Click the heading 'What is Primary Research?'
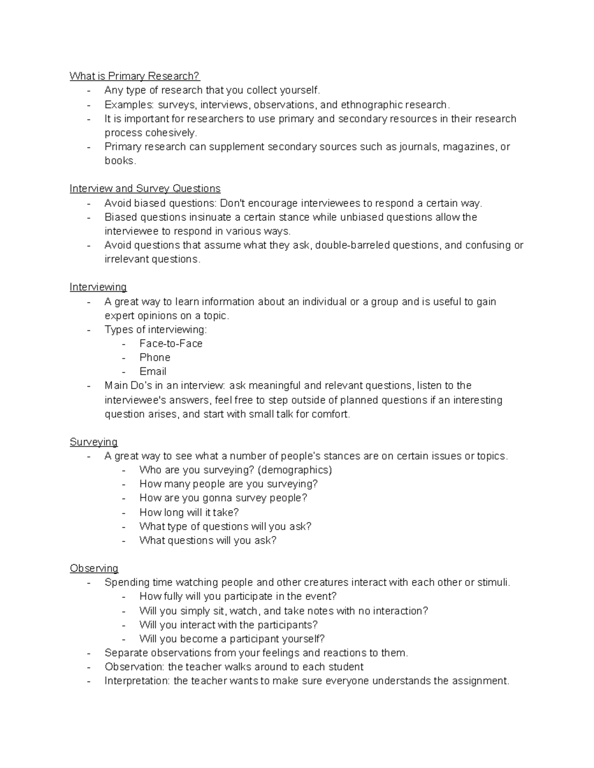click(135, 76)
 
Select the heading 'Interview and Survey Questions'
click(145, 188)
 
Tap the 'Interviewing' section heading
click(98, 287)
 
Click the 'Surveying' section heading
click(94, 442)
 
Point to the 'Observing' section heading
click(94, 568)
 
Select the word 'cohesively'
click(170, 133)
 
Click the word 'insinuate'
click(210, 217)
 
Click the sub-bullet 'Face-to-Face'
click(171, 343)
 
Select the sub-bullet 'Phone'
click(155, 357)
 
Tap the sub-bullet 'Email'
click(153, 371)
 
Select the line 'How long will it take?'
click(189, 512)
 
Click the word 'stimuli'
click(493, 582)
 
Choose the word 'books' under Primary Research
click(119, 161)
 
